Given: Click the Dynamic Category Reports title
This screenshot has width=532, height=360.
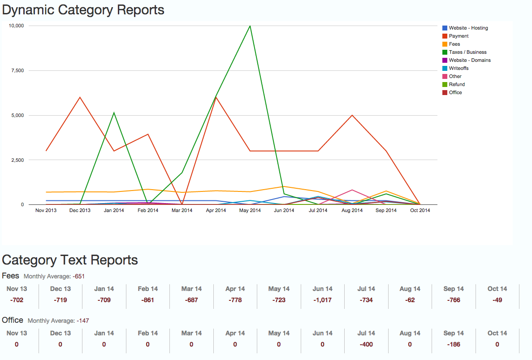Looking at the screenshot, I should click(83, 9).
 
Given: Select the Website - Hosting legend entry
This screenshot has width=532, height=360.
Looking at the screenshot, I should click(468, 28).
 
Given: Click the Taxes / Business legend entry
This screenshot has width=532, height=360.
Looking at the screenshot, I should click(467, 52).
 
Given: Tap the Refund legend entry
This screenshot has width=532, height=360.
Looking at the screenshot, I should click(457, 84).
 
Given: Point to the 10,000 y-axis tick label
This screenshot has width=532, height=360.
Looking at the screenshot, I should click(16, 26).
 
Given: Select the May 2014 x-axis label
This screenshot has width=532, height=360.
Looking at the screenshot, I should click(250, 210).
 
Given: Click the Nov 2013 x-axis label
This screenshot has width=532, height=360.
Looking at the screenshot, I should click(46, 210).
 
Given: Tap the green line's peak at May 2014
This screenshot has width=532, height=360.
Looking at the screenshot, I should click(250, 26).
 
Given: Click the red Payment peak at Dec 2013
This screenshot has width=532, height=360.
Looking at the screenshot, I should click(80, 97).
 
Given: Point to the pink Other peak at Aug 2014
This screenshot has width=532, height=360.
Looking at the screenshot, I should click(352, 190).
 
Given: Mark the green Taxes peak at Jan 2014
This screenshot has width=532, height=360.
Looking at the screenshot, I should click(114, 113).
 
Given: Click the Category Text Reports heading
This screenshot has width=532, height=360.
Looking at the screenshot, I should click(70, 260).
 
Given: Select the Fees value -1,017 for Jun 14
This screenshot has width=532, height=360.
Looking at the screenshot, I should click(322, 300).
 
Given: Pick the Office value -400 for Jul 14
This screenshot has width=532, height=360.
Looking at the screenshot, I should click(366, 344).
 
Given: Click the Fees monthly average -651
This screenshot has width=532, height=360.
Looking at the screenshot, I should click(79, 276).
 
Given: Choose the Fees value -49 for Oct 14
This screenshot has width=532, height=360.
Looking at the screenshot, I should click(497, 300).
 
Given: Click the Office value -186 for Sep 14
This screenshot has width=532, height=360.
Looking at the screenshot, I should click(454, 344).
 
